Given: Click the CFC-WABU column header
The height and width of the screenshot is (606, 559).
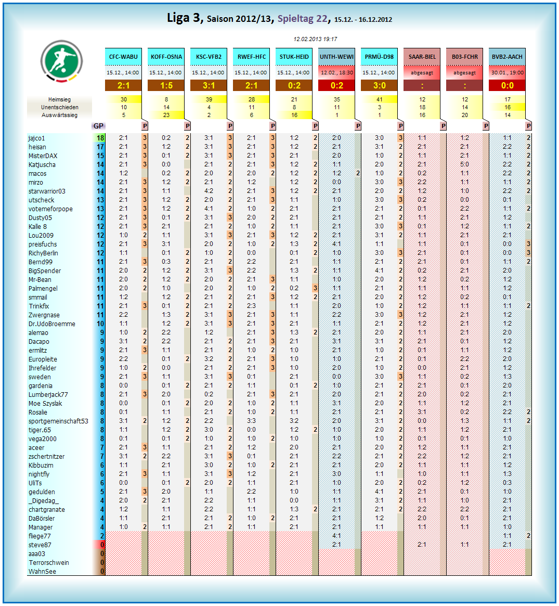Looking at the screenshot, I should coord(123,57).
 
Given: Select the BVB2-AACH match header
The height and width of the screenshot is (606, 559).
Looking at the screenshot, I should coord(507,57).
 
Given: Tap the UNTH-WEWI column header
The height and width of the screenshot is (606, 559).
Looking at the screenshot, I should coord(336,57).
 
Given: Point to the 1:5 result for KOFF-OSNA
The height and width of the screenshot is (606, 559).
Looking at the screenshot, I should coord(166,85).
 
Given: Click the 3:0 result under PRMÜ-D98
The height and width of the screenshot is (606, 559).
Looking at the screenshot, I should coord(379,85).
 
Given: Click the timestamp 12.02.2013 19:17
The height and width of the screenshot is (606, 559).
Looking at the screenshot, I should coord(315,39).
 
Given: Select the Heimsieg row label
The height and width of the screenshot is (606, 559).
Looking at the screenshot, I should coord(59,99).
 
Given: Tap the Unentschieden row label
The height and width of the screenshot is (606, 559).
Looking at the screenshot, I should coord(59,107).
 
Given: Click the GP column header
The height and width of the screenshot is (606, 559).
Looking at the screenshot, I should coord(98,126).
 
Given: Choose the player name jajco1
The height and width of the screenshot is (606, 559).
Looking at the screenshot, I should coord(36,138).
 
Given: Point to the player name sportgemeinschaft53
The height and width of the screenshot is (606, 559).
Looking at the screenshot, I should coord(58,421).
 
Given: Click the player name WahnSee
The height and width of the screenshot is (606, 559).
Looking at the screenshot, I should coord(42,572).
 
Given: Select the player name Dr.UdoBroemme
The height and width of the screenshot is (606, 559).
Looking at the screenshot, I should coord(51,324).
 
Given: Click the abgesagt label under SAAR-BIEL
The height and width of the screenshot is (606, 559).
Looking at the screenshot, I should coord(422,73).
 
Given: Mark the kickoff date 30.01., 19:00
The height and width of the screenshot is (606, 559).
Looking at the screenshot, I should coord(507,73).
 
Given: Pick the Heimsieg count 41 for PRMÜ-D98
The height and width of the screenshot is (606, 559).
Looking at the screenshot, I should coord(380,99).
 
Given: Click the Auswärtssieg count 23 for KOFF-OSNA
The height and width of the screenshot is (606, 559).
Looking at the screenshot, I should coord(166,115).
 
